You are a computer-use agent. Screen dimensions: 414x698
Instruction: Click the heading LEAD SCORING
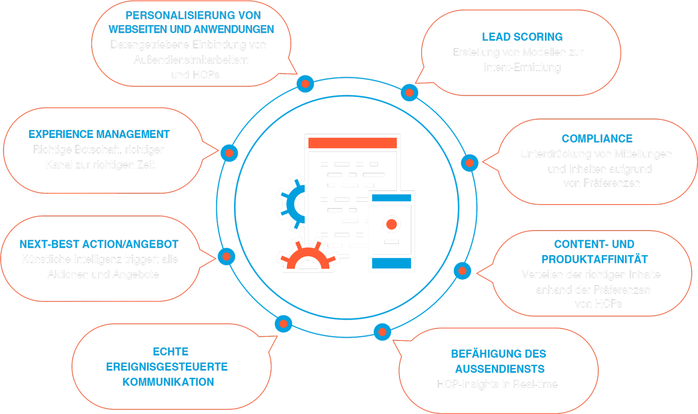[x=522, y=37]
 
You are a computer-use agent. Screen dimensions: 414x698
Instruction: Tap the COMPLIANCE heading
[x=597, y=139]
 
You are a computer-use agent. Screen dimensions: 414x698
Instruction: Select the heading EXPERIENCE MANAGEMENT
[x=99, y=134]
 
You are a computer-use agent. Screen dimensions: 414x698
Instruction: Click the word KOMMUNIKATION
[x=168, y=382]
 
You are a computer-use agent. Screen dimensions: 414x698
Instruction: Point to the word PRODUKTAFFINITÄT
[x=595, y=259]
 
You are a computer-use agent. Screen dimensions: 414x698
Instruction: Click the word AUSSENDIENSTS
[x=500, y=369]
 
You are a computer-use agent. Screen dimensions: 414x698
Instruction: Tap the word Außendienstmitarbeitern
[x=191, y=60]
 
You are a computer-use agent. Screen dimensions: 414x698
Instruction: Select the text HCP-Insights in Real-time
[x=497, y=384]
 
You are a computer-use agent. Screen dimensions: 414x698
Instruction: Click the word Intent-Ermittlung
[x=522, y=67]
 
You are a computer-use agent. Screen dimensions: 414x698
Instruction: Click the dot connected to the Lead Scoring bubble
[x=409, y=93]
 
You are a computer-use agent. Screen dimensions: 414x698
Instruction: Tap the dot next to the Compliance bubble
[x=470, y=163]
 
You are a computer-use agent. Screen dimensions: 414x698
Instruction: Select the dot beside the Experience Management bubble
[x=229, y=153]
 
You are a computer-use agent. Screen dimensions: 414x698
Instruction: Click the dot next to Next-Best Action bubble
[x=227, y=256]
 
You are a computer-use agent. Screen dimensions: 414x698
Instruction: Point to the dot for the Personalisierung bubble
[x=305, y=84]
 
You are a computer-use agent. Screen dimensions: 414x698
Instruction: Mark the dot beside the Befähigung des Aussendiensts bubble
[x=382, y=332]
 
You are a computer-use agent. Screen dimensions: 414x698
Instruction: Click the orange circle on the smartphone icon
[x=392, y=224]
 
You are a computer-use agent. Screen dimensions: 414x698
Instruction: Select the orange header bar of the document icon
[x=352, y=143]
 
